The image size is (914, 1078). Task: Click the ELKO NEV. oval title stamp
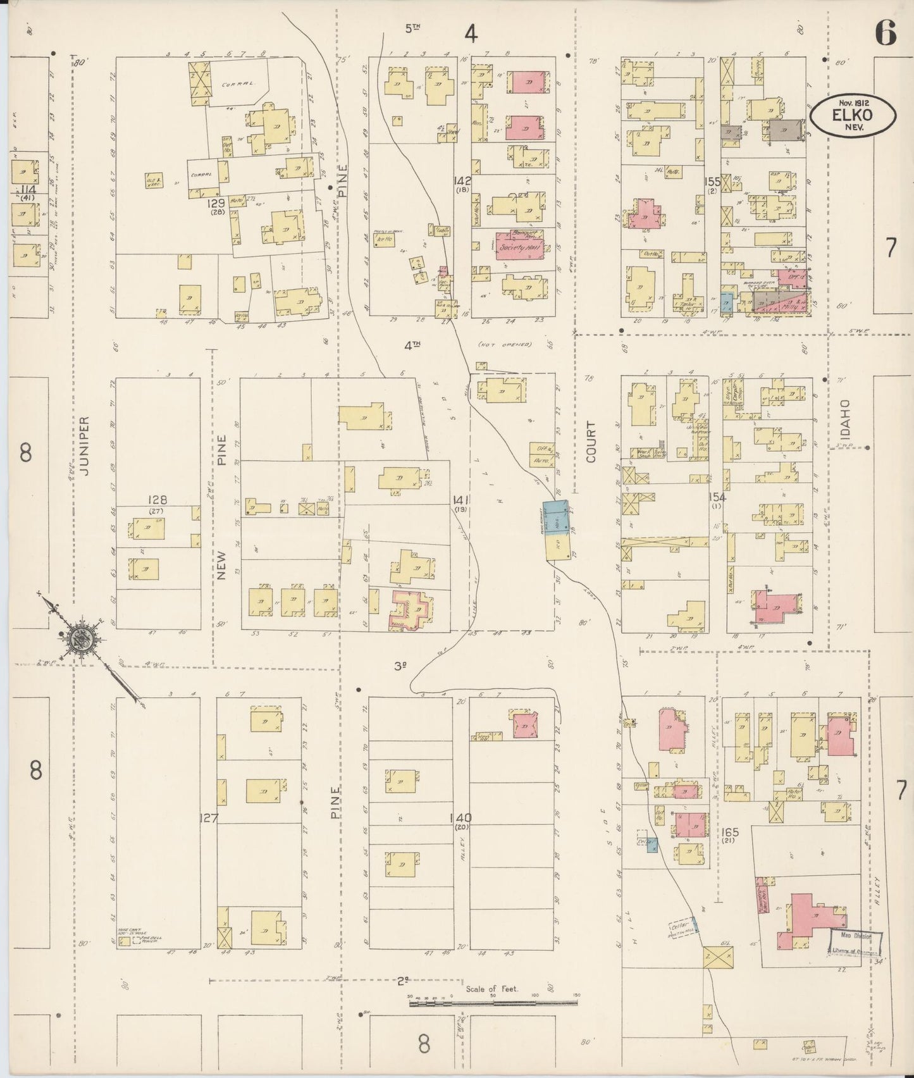[x=855, y=115]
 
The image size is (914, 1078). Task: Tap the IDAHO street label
[x=846, y=417]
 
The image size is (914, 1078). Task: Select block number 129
[x=216, y=204]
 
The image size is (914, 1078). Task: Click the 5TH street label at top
[x=413, y=27]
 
